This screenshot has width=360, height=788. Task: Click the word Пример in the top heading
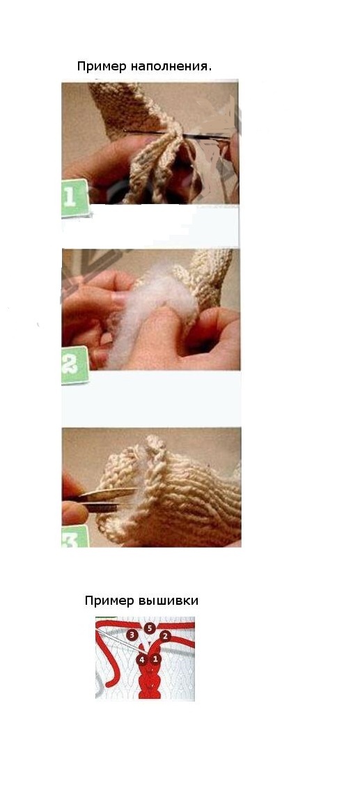102,66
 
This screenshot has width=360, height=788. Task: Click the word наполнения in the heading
169,66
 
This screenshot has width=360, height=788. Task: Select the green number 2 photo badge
75,365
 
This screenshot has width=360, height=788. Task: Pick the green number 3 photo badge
75,536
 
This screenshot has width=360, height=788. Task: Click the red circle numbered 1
155,658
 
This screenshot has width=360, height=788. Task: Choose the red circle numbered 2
165,635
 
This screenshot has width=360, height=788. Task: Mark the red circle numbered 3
132,635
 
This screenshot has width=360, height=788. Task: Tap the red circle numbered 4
142,659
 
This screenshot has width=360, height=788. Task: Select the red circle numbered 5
150,628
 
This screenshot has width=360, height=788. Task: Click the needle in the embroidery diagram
123,642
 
